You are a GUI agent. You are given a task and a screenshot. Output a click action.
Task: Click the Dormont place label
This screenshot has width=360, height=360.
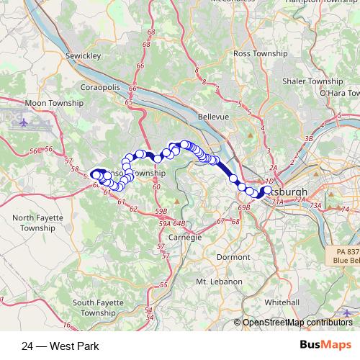coord(233,256)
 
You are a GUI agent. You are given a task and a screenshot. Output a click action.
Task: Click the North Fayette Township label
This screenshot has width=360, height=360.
coord(33,222)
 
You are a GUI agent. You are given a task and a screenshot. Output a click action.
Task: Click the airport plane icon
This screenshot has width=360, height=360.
coord(26,122)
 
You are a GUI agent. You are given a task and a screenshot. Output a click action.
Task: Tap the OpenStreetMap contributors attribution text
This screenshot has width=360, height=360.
coord(297,323)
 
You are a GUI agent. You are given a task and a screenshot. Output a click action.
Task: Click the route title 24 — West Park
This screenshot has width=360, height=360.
coord(60,346)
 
